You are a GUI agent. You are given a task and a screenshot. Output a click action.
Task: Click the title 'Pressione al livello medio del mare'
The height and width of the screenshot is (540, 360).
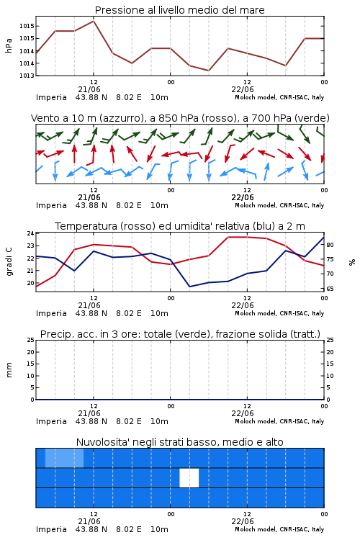click(x=179, y=10)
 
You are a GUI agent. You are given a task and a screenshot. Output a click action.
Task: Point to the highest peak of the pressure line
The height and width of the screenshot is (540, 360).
click(x=94, y=21)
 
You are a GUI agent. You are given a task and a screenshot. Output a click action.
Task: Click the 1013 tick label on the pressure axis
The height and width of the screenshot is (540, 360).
click(x=27, y=76)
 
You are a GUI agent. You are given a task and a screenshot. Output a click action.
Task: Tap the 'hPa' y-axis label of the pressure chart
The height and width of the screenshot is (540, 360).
click(x=9, y=45)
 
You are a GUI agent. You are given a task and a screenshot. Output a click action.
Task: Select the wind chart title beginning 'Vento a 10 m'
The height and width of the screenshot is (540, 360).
click(x=180, y=118)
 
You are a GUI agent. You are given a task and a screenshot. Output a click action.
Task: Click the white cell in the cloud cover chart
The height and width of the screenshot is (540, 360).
click(x=189, y=477)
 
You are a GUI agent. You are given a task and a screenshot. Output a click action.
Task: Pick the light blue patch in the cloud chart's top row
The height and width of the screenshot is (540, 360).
click(x=64, y=458)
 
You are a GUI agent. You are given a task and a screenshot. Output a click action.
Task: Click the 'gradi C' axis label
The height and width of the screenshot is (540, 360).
click(x=9, y=262)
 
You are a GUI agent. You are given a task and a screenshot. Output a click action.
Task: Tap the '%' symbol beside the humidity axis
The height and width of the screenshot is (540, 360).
click(x=352, y=262)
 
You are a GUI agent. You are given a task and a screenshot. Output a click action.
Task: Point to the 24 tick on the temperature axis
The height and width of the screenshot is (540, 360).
click(x=30, y=233)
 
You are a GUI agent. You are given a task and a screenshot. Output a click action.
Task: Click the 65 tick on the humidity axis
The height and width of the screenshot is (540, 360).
click(x=330, y=289)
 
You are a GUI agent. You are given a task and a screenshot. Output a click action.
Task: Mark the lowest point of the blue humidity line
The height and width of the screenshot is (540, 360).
click(x=189, y=287)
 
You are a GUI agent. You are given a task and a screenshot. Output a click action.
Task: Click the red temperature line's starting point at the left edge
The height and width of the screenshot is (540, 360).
click(x=37, y=286)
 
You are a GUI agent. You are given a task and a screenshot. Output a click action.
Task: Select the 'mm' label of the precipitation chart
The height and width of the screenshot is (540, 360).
click(x=9, y=370)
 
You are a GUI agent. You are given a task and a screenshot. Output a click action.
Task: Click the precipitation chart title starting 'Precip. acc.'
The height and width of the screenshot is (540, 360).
click(x=180, y=334)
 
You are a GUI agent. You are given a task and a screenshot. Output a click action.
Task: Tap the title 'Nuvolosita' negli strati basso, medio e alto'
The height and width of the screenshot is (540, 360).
click(x=179, y=442)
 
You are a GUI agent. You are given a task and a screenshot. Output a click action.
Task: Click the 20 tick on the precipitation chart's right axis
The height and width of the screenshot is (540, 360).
click(x=330, y=352)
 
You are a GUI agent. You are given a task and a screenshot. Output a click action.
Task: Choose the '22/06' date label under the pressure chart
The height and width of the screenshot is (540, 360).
click(x=243, y=89)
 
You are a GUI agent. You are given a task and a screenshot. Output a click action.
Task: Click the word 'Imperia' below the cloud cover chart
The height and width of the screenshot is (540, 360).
click(x=51, y=529)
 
